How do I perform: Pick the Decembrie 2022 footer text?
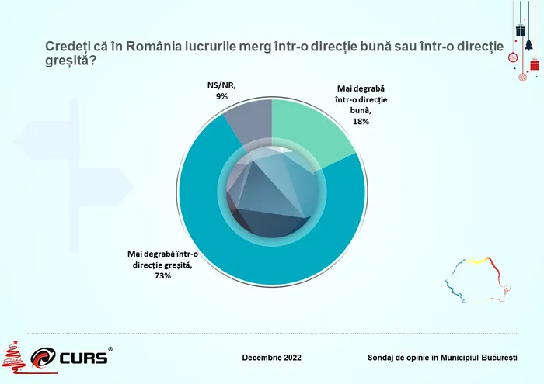(272, 358)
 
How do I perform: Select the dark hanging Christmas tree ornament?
(529, 44)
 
